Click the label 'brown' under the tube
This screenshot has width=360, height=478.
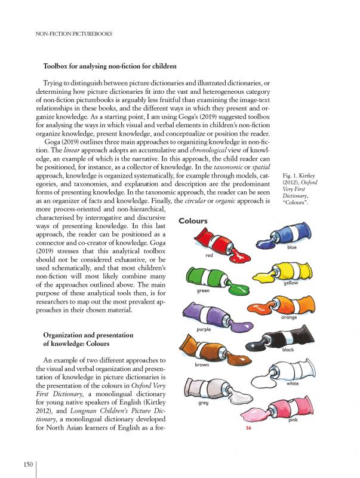pyautogui.click(x=202, y=364)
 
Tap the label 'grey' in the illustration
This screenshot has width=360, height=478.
pyautogui.click(x=202, y=403)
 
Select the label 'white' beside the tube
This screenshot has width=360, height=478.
pyautogui.click(x=293, y=384)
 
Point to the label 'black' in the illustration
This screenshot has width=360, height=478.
pyautogui.click(x=288, y=350)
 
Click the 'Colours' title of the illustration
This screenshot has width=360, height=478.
pyautogui.click(x=193, y=221)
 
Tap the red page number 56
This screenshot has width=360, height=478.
pyautogui.click(x=249, y=428)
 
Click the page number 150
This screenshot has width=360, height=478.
pyautogui.click(x=27, y=464)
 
